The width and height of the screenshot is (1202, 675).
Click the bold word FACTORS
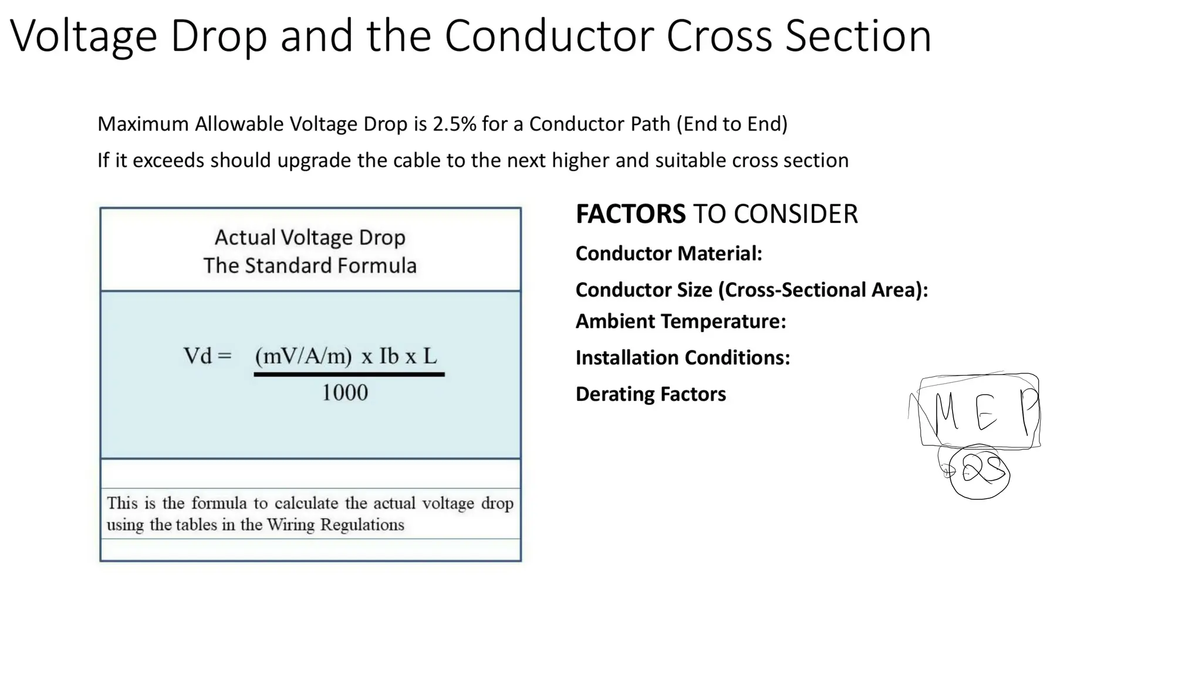pos(630,214)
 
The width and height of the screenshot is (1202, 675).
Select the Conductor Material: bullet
pos(668,254)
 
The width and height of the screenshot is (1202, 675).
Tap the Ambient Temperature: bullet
pos(680,322)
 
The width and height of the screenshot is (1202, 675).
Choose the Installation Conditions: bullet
pos(683,357)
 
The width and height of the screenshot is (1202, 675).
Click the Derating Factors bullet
pos(650,394)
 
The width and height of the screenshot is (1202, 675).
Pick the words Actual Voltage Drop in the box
pos(310,237)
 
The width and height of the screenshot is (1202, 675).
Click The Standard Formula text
pos(310,265)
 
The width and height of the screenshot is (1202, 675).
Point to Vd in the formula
pos(197,356)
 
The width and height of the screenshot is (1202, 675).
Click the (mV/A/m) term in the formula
pos(303,356)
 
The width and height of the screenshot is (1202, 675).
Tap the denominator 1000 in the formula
pos(345,393)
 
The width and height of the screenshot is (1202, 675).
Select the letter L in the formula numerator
pos(430,356)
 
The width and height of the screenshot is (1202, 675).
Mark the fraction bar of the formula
pos(349,374)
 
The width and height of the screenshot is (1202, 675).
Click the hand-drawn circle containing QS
pos(979,473)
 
